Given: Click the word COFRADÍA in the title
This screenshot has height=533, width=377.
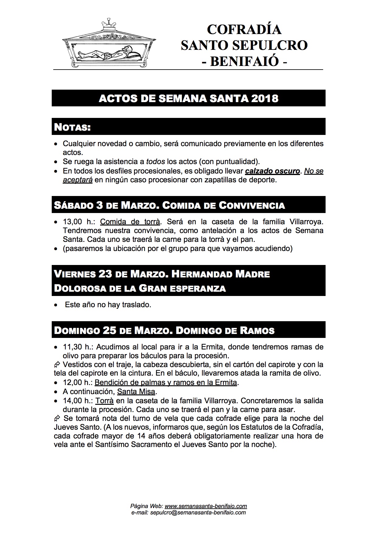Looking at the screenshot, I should [x=244, y=29].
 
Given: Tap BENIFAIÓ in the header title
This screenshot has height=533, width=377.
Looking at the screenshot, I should [x=245, y=61].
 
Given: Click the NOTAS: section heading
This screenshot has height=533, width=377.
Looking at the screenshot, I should [x=72, y=127].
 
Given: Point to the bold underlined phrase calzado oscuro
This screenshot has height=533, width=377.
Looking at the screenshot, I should [x=272, y=171].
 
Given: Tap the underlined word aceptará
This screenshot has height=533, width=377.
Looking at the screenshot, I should [x=78, y=180].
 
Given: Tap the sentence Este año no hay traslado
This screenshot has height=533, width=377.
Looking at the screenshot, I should [x=108, y=304].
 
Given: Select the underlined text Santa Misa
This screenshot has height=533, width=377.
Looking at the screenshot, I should [x=136, y=392].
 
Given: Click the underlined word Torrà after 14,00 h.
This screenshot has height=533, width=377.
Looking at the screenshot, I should [x=104, y=401].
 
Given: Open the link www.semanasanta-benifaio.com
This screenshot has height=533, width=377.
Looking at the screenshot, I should [x=205, y=506].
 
